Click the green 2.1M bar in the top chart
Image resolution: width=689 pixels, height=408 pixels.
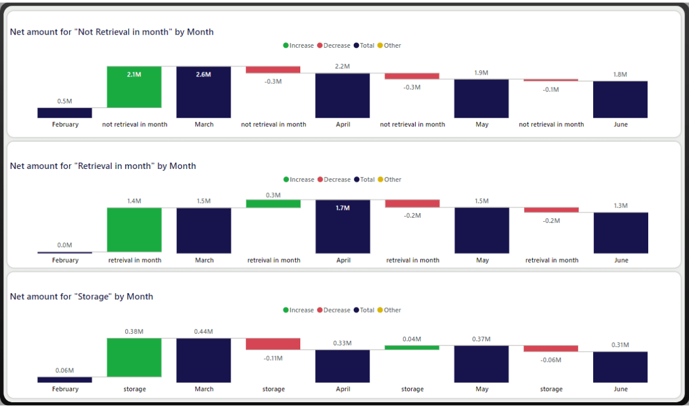134,87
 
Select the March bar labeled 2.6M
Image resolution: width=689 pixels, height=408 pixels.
203,92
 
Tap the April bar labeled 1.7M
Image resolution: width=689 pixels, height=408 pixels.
343,226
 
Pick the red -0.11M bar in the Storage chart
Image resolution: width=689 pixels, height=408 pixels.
273,344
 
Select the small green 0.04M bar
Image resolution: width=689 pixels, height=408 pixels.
412,347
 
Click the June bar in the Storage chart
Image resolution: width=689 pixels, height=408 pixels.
620,367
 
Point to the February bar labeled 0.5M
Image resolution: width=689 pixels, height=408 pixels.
64,113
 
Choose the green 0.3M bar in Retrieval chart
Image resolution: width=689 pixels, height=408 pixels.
273,203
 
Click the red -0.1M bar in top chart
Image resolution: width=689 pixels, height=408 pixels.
551,80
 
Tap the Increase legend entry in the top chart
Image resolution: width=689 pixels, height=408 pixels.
298,45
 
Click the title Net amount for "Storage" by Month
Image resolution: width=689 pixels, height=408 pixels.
82,297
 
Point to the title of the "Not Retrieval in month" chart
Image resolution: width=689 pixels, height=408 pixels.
112,32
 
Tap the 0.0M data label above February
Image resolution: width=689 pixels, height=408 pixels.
64,245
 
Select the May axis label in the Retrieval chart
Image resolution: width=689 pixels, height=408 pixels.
482,260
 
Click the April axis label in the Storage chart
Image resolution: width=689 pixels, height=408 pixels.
343,389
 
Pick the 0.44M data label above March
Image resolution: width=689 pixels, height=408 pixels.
203,332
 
